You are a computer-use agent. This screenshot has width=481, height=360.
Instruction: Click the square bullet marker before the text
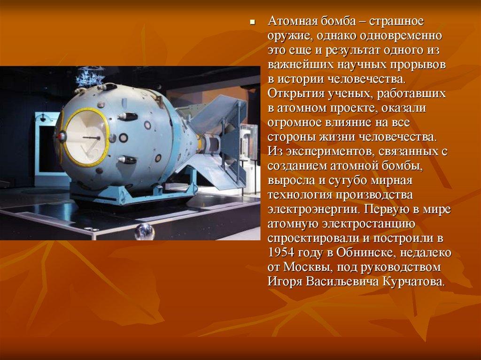pyautogui.click(x=252, y=23)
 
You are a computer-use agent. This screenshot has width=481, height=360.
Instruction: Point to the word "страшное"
pyautogui.click(x=396, y=21)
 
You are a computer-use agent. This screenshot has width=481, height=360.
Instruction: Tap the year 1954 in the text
pyautogui.click(x=281, y=253)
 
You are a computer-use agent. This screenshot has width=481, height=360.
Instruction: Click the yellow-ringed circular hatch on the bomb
pyautogui.click(x=86, y=137)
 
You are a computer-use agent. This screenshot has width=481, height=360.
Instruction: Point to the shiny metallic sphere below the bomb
pyautogui.click(x=144, y=231)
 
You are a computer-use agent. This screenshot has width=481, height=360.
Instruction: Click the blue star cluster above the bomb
pyautogui.click(x=90, y=77)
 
